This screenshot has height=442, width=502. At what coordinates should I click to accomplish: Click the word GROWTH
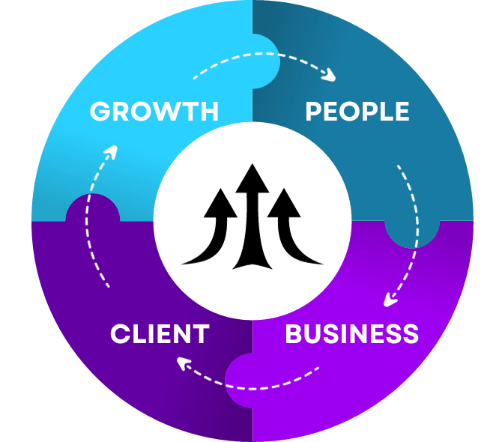click(154, 112)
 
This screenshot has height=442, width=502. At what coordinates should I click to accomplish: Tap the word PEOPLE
click(357, 112)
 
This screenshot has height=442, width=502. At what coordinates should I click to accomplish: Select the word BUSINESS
click(351, 334)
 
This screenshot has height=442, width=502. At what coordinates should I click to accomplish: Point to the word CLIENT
click(159, 334)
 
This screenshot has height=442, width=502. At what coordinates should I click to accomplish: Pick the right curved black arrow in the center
click(291, 225)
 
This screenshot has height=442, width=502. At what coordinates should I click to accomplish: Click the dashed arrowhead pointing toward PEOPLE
click(328, 75)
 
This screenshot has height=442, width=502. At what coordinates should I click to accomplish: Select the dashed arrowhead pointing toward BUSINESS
click(390, 300)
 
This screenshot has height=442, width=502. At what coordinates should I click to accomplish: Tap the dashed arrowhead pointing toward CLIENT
click(183, 363)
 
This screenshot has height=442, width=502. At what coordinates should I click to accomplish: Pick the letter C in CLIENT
click(120, 334)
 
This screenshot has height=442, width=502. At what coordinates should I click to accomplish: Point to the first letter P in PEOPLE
click(314, 112)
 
